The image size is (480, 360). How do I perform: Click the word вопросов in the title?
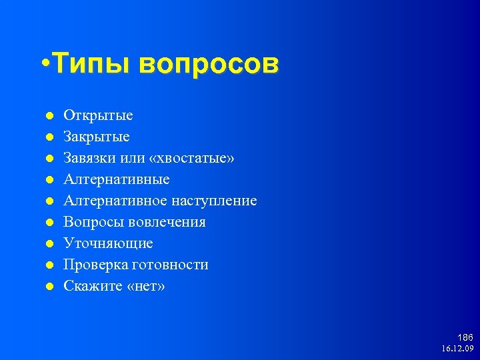coord(209,65)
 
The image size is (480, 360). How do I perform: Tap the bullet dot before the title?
coord(43,65)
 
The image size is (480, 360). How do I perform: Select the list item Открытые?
coord(98,115)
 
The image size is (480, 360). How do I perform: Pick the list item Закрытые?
coord(97,137)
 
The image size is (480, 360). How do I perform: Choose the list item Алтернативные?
coord(117,179)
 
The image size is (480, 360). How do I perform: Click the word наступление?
coord(214,201)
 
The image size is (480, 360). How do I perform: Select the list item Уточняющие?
coord(108,243)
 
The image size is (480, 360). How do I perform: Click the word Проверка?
coord(93,265)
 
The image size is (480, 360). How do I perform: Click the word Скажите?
coord(92,286)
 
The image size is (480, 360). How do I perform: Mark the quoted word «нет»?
coord(145,286)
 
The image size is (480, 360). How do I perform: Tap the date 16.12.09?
coord(457,349)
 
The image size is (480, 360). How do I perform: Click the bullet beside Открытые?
coord(49,116)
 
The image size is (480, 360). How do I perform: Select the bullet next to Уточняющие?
coord(49,244)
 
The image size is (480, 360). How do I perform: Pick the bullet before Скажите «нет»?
coord(49,287)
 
